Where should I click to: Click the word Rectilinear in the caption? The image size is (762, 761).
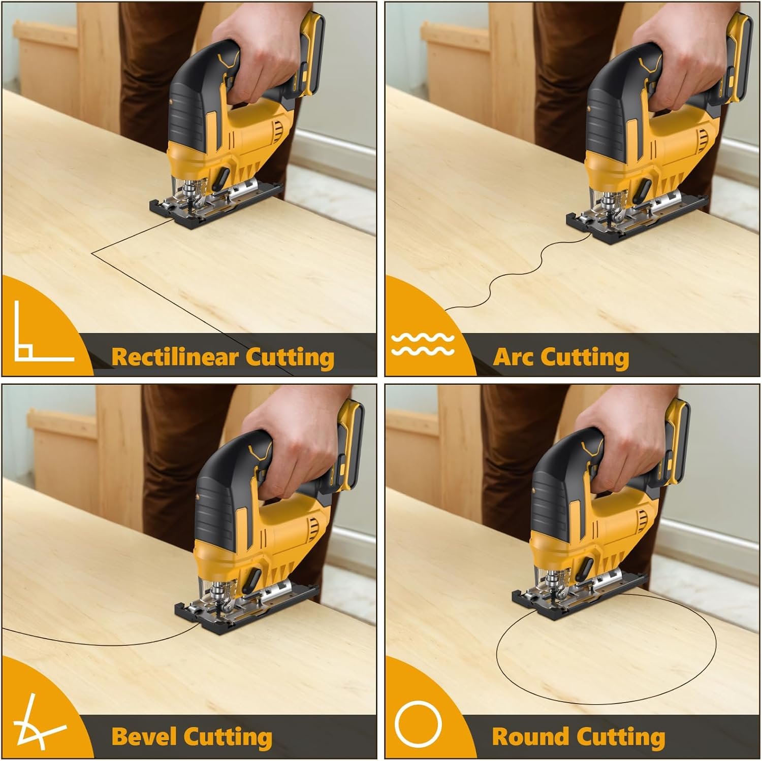(x=174, y=356)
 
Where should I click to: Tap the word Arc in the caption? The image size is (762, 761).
(x=514, y=356)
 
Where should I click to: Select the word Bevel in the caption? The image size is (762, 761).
(x=144, y=736)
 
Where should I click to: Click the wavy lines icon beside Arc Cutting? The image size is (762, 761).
(x=423, y=344)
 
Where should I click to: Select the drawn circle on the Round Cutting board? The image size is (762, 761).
(x=605, y=703)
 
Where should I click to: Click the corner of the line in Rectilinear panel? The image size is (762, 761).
(x=93, y=251)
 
